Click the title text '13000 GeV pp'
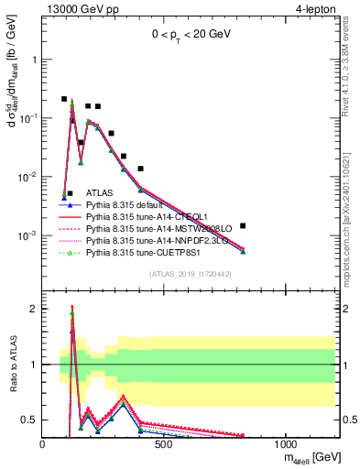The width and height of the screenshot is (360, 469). (75, 8)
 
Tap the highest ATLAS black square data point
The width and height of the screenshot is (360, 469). (64, 99)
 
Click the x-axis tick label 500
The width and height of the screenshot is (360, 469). (164, 443)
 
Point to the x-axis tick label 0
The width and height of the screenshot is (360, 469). (43, 443)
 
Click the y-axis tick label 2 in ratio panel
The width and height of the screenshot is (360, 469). (33, 309)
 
